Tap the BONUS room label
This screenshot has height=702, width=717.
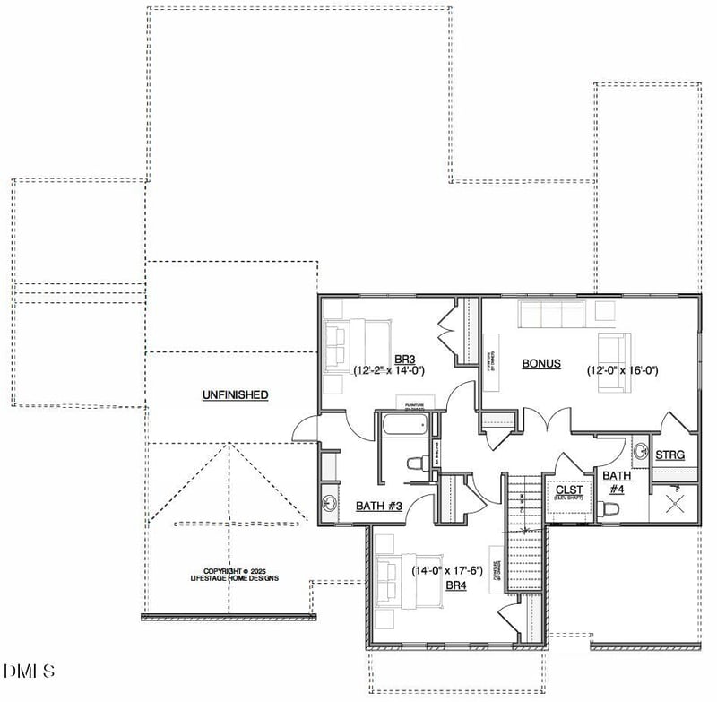[x=541, y=364]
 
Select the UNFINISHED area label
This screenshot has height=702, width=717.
[x=235, y=394]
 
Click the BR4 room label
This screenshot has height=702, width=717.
[x=456, y=585]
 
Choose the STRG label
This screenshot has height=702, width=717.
[x=669, y=455]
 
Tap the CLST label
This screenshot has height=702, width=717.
[x=569, y=490]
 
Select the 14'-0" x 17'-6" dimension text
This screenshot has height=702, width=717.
[x=447, y=570]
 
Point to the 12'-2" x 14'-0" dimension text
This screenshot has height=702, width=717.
[x=388, y=369]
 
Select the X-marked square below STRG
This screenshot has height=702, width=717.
[x=674, y=502]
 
